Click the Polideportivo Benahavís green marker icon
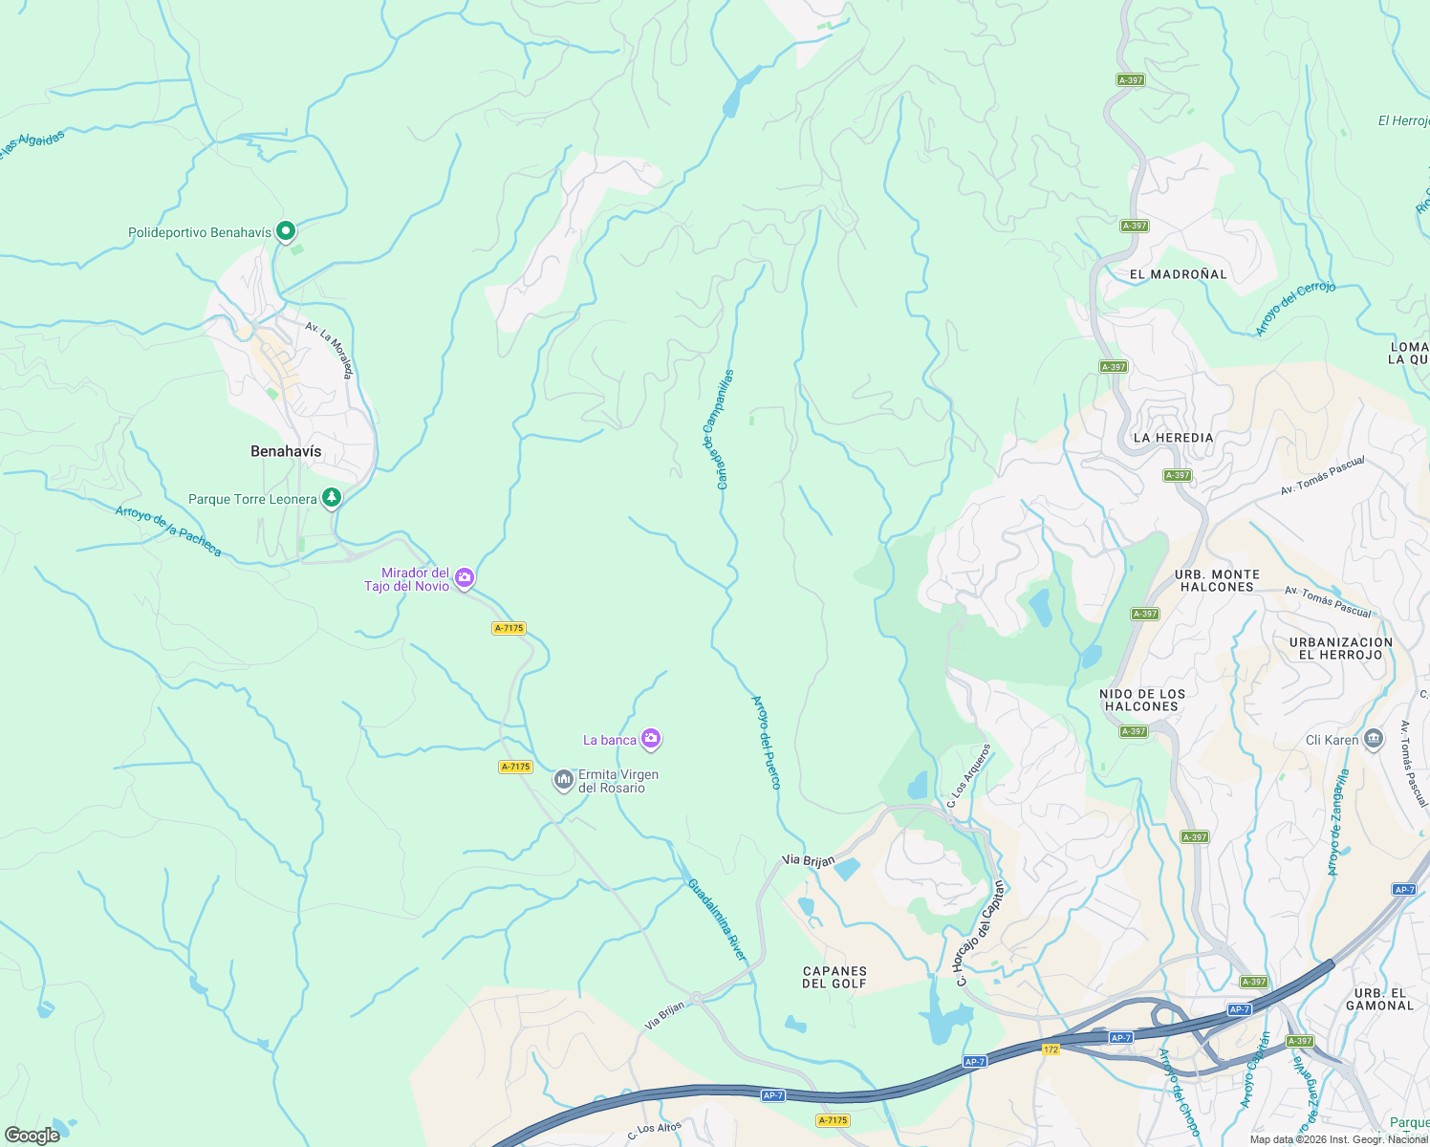tap(285, 231)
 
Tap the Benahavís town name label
tap(286, 451)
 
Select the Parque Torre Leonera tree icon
tap(331, 498)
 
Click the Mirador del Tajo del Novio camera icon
tap(465, 577)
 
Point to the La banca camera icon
tap(651, 738)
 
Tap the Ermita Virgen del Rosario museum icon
tap(564, 780)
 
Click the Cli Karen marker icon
tap(1374, 739)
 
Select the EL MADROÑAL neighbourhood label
tap(1178, 274)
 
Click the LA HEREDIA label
tap(1173, 438)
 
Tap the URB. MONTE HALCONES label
tap(1217, 581)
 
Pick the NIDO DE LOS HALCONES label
tap(1142, 701)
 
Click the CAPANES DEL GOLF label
tap(834, 977)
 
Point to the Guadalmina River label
tap(717, 920)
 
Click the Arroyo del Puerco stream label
tap(767, 743)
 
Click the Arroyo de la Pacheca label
tap(168, 531)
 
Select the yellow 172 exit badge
tap(1051, 1049)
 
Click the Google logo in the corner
tap(32, 1136)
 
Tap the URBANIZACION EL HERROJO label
tap(1340, 648)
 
